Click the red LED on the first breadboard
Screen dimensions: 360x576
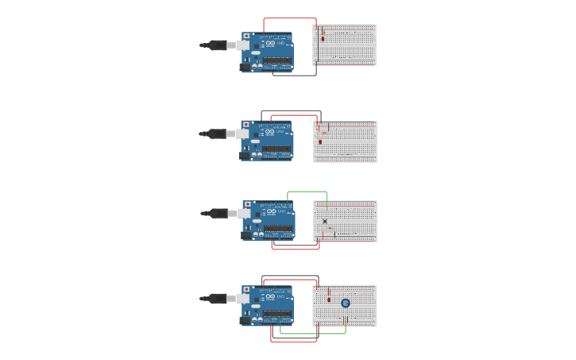(x=323, y=37)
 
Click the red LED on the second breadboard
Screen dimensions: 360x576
(x=320, y=141)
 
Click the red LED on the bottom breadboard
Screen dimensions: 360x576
(x=329, y=299)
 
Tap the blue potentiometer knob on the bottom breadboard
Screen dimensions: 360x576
(x=346, y=303)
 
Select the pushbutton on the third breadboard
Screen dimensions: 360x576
(x=325, y=221)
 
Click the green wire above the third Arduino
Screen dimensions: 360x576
(x=307, y=192)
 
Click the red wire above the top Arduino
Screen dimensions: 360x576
(x=290, y=18)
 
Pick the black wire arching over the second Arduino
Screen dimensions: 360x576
(x=291, y=111)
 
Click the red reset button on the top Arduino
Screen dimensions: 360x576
(x=246, y=36)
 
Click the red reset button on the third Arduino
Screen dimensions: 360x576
(x=247, y=204)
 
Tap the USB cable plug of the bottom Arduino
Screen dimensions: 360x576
(x=217, y=299)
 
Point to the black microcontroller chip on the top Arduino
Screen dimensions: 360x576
(x=277, y=59)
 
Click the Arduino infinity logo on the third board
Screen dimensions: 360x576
(x=271, y=211)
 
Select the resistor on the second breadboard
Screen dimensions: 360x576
(x=324, y=132)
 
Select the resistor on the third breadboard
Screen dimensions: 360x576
(x=331, y=228)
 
